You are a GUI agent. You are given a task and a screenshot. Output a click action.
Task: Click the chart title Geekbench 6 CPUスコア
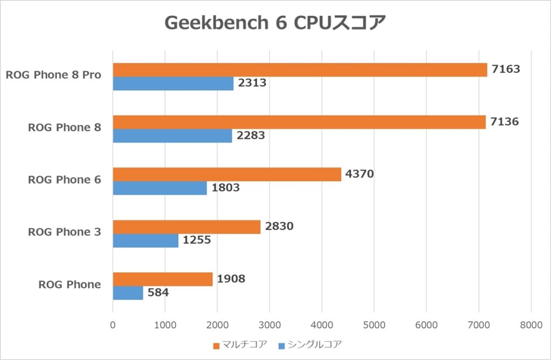tap(275, 23)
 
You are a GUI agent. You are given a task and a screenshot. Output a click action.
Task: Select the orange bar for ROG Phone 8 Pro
tap(300, 70)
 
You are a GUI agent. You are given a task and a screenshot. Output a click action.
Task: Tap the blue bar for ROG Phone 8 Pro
tap(173, 83)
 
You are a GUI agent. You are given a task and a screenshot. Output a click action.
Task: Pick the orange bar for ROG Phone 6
tap(227, 174)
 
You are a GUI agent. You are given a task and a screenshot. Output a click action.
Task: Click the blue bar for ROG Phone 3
tap(145, 241)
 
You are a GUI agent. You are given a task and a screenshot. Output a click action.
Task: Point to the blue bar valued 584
tap(128, 293)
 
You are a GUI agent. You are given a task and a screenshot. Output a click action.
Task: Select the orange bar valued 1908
tap(163, 279)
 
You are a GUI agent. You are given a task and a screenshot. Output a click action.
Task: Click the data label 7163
tap(506, 69)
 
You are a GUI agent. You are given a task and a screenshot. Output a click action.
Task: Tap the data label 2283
tap(251, 136)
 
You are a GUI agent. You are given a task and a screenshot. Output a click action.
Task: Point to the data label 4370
tap(359, 174)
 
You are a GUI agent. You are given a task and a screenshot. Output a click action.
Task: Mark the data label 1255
tap(196, 240)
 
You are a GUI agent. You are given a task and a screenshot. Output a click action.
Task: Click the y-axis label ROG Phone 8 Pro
tap(53, 75)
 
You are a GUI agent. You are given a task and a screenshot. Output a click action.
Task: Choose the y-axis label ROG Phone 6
tap(65, 180)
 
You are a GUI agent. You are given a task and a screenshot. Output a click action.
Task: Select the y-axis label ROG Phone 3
tap(65, 232)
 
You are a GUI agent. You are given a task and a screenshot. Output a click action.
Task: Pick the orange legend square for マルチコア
tap(216, 344)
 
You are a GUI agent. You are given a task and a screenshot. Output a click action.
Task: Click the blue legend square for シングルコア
tap(281, 344)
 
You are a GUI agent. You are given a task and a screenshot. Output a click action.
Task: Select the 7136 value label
tap(504, 122)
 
